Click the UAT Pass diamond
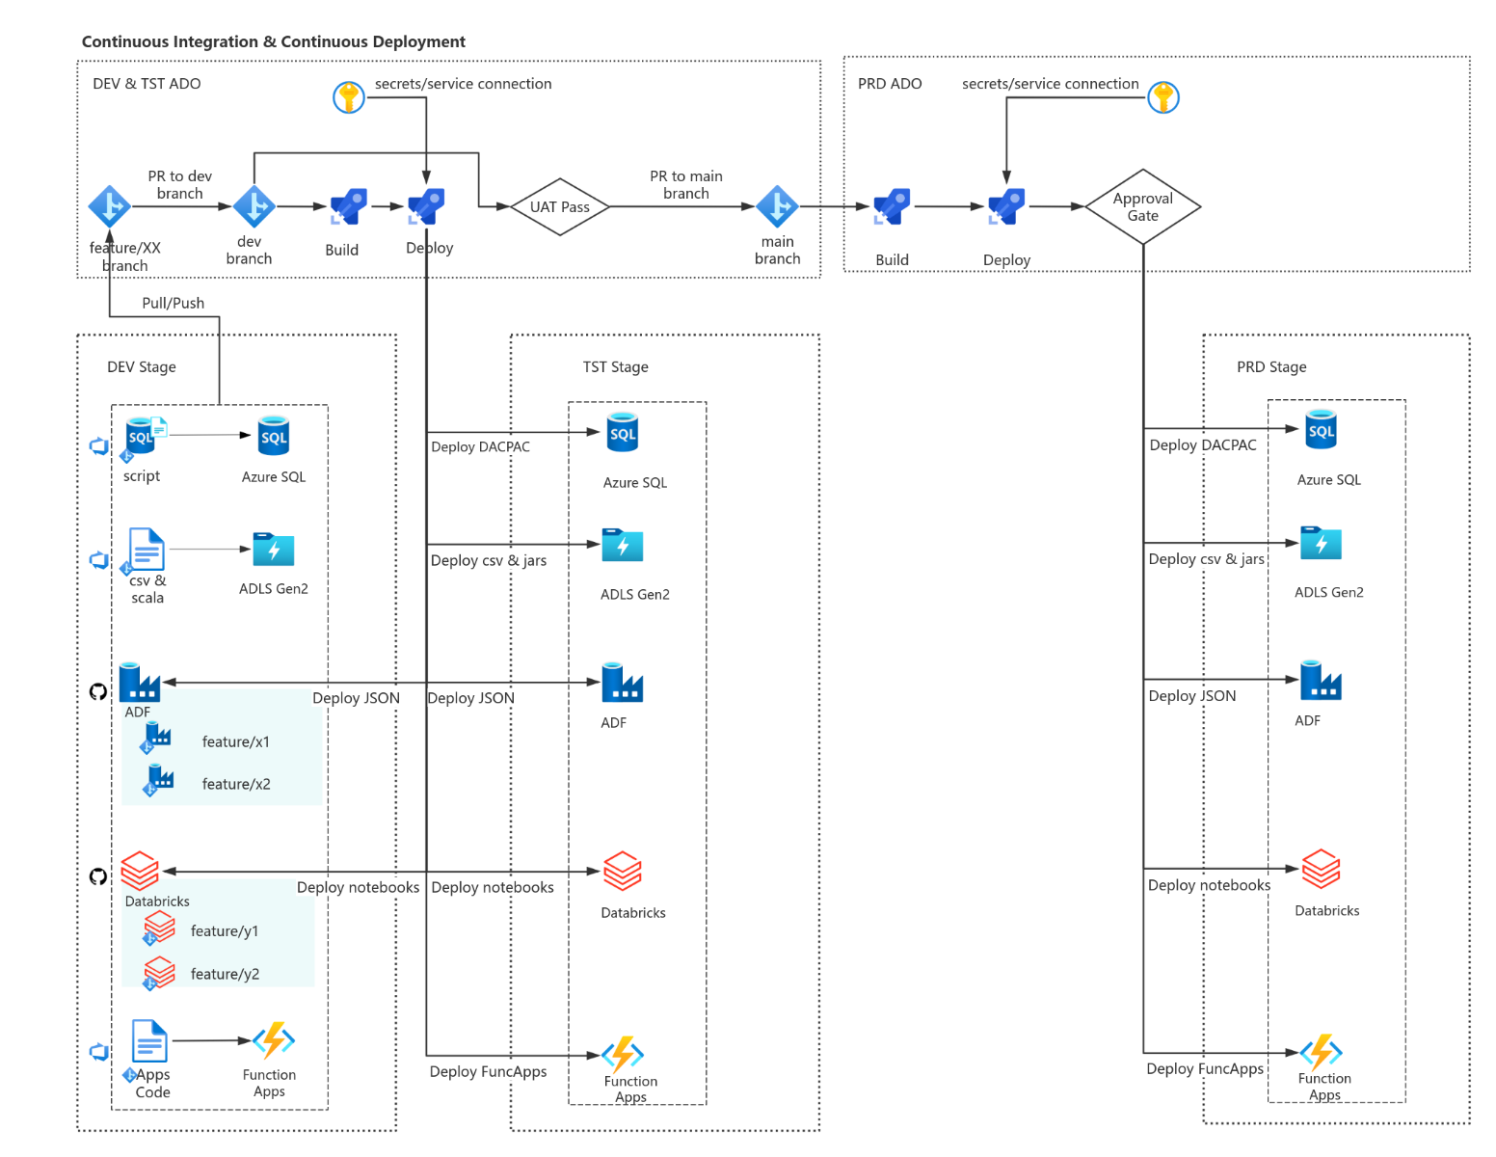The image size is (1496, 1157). click(x=559, y=206)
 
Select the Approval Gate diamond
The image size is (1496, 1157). click(x=1142, y=206)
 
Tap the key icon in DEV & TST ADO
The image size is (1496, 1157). click(x=348, y=97)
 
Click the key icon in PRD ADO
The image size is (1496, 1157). click(x=1163, y=97)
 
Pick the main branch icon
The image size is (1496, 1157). click(x=777, y=205)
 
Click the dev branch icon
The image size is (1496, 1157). click(x=254, y=205)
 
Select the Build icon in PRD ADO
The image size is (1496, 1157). click(x=892, y=206)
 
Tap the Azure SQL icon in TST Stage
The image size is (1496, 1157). click(x=623, y=433)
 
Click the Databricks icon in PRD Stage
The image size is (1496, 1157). click(x=1321, y=869)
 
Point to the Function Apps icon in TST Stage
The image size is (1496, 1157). click(x=623, y=1054)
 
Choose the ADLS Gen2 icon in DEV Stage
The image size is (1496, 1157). click(x=274, y=550)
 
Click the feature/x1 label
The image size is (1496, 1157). click(x=235, y=741)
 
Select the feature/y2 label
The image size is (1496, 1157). click(x=225, y=974)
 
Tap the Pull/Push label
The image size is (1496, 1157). click(x=174, y=303)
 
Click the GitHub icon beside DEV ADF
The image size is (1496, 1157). click(x=98, y=691)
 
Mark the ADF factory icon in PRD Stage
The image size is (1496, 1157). click(x=1321, y=680)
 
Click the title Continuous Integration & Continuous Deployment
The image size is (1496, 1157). click(x=273, y=41)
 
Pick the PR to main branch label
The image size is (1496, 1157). click(x=685, y=184)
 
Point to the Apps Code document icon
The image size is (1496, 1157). click(x=149, y=1041)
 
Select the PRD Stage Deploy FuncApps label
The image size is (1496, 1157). click(x=1204, y=1068)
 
